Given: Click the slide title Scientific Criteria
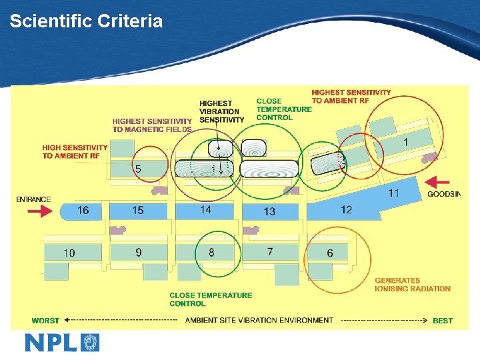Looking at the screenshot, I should (x=86, y=21).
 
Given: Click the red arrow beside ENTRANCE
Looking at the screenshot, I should (x=41, y=211).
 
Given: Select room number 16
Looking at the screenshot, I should (x=83, y=211).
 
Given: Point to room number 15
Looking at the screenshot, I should (x=137, y=211).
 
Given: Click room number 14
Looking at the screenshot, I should (x=206, y=210).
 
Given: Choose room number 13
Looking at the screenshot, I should (x=269, y=212).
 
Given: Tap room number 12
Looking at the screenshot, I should (x=346, y=210).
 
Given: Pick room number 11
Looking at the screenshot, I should (x=394, y=193).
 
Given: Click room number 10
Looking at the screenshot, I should (x=69, y=253).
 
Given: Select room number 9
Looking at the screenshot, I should (x=139, y=252).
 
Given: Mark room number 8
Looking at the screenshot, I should (x=211, y=252).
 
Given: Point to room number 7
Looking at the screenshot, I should (x=269, y=251).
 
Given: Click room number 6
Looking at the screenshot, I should (x=330, y=253).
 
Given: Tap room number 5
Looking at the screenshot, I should (x=137, y=169).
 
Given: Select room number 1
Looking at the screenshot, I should (x=406, y=142).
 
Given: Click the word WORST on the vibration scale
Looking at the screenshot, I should (x=45, y=321).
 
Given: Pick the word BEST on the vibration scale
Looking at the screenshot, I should (x=443, y=321).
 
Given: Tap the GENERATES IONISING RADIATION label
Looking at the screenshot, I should (x=412, y=285).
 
